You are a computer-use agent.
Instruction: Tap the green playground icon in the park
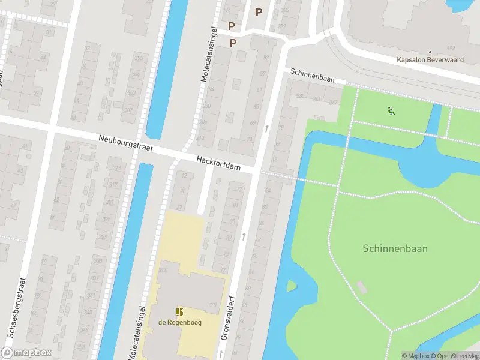[391, 110]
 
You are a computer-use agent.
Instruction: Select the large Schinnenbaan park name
[395, 248]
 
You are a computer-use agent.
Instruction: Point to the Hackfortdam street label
[219, 163]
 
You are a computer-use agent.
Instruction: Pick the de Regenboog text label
[179, 323]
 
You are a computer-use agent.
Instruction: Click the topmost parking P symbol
[259, 12]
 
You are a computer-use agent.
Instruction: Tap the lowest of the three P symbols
[233, 43]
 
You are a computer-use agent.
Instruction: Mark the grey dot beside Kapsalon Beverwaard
[430, 52]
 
